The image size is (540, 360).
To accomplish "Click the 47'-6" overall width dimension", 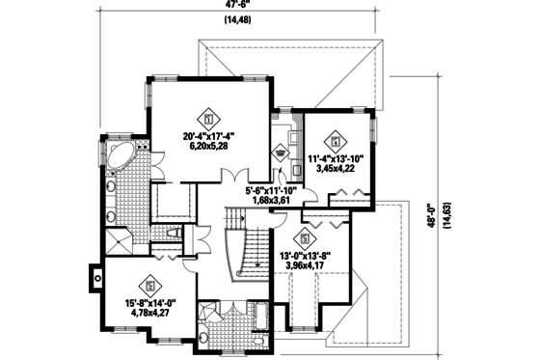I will point(235,5).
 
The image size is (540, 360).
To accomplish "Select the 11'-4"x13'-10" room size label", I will point(337,156).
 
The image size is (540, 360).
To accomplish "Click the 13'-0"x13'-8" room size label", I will point(305,256).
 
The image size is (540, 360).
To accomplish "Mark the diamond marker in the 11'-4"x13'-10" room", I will point(337,137).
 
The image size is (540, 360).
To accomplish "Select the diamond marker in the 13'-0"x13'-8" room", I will point(306,237).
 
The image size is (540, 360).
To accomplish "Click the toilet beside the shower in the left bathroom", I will point(175,234).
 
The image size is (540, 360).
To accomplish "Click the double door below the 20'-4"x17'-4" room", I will point(232,178).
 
